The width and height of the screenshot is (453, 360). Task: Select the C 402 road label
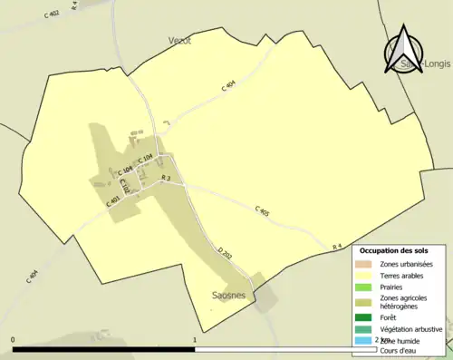[51, 15]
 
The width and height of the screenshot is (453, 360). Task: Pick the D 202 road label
[226, 255]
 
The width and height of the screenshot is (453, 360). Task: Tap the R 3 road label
[165, 178]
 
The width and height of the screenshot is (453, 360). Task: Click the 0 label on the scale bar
[13, 340]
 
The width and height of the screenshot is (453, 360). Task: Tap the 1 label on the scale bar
[195, 340]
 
